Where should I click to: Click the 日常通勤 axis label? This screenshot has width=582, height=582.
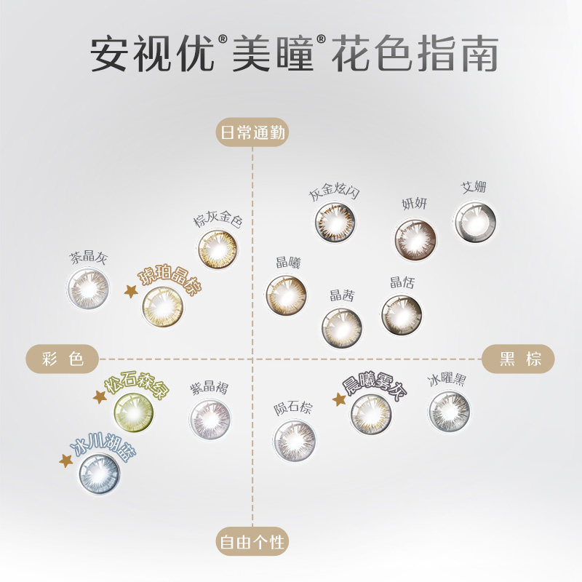[x=252, y=133]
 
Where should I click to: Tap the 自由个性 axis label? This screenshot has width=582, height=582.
[x=252, y=543]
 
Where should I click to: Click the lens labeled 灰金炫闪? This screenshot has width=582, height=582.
[x=335, y=221]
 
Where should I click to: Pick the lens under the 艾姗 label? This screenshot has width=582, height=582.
[x=475, y=222]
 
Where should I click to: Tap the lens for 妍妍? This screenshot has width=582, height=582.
[x=415, y=239]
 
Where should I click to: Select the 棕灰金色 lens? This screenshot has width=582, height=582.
[x=218, y=250]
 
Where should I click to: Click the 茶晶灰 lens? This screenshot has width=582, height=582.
[x=88, y=289]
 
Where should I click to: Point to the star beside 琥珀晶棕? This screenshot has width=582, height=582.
[x=131, y=291]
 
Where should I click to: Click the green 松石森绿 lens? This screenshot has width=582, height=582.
[x=135, y=411]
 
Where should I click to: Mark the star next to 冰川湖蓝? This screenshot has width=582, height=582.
[x=66, y=461]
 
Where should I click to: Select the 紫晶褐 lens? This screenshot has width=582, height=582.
[x=210, y=419]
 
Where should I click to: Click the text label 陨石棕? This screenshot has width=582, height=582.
[x=292, y=409]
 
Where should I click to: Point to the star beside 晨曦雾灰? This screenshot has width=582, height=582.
[x=338, y=399]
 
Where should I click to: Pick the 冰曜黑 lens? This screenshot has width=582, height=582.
[x=448, y=412]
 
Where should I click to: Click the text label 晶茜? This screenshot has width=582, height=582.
[x=342, y=295]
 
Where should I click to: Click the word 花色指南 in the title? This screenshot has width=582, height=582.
[x=415, y=55]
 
